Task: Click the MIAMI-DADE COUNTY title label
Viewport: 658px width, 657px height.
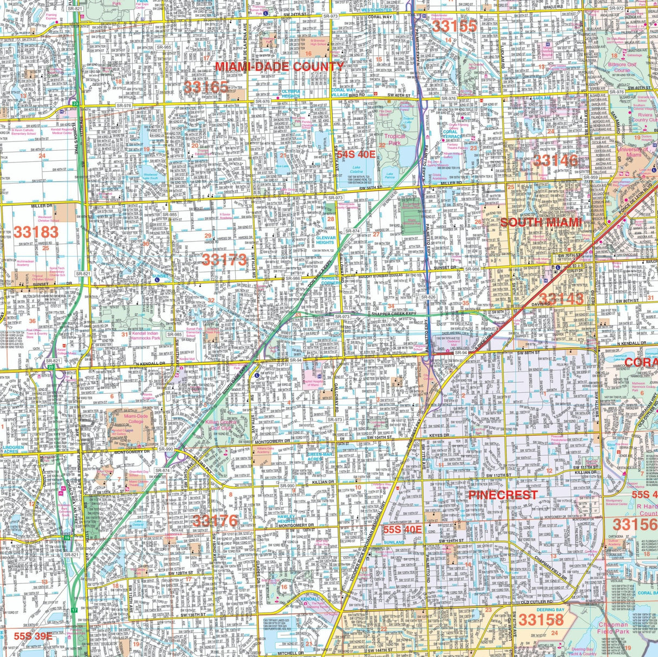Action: [x=280, y=67]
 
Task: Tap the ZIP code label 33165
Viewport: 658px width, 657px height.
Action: [x=205, y=87]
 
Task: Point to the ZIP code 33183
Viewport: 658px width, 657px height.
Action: [x=36, y=232]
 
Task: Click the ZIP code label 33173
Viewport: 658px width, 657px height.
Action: [x=224, y=259]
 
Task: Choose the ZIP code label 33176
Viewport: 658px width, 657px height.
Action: [x=215, y=521]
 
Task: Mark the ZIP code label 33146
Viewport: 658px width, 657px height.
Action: [x=554, y=160]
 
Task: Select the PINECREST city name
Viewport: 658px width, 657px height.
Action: [x=502, y=495]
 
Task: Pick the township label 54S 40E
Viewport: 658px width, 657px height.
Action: [x=356, y=154]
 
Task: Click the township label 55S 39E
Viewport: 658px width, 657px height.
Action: [x=33, y=636]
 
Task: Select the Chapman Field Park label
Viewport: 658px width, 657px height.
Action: [x=613, y=628]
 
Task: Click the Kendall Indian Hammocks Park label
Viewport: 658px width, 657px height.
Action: [x=144, y=336]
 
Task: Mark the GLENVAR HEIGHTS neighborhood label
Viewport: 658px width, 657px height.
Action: [x=325, y=239]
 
